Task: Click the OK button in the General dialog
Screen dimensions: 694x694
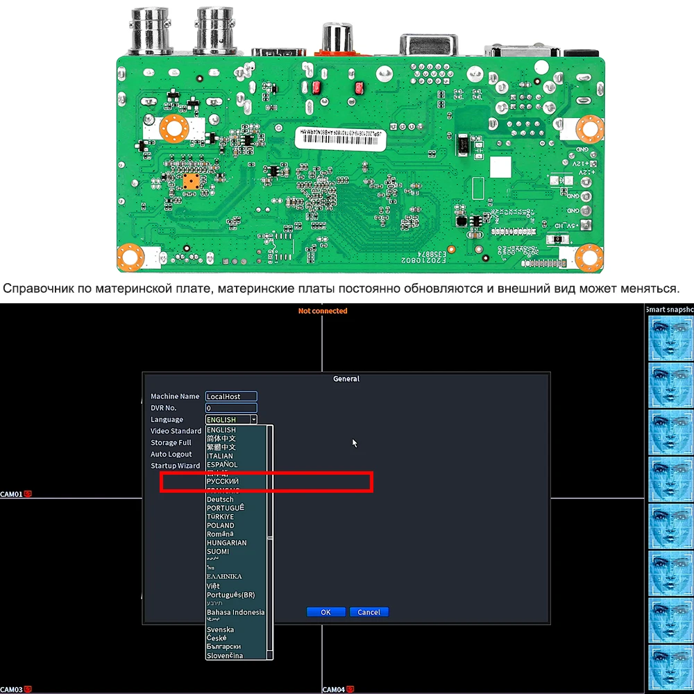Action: point(325,612)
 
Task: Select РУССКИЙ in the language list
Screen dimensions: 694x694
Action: point(223,482)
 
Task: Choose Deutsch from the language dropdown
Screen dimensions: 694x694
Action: point(220,500)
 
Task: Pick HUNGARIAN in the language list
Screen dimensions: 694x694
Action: point(226,543)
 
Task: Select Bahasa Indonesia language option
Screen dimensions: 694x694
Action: point(235,612)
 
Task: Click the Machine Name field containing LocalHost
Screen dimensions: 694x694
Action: point(231,396)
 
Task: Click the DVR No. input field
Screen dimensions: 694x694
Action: point(231,408)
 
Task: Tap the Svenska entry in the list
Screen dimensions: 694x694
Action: point(220,629)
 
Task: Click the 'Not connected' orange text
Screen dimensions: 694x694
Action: point(323,311)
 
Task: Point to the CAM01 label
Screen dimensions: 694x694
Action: point(12,495)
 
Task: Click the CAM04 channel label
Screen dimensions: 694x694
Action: point(334,689)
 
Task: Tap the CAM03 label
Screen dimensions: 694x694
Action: point(12,689)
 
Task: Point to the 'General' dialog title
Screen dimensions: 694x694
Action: point(346,379)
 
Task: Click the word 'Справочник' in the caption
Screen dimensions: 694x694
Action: point(37,288)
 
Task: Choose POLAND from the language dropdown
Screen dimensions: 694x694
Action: point(221,525)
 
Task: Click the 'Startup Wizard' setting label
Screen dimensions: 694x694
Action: point(176,466)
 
